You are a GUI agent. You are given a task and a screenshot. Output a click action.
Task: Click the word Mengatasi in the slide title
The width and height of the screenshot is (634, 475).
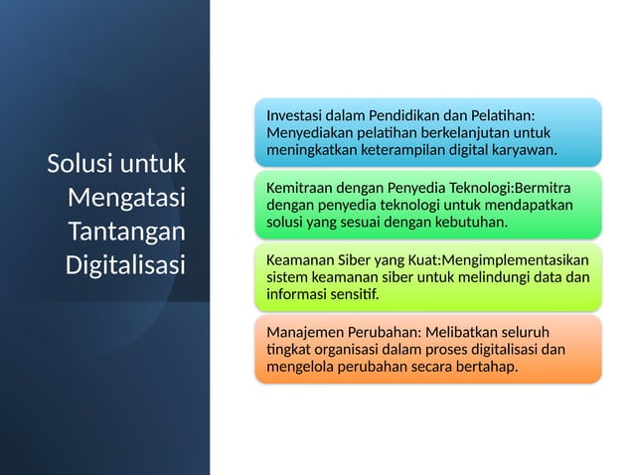coord(126,197)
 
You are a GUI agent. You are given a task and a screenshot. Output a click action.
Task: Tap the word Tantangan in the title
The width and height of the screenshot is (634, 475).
coord(126,231)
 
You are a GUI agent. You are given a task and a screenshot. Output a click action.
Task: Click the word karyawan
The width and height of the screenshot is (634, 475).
coord(523,149)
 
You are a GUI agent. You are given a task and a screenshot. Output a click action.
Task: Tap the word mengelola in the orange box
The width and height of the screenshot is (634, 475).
coord(299,367)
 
